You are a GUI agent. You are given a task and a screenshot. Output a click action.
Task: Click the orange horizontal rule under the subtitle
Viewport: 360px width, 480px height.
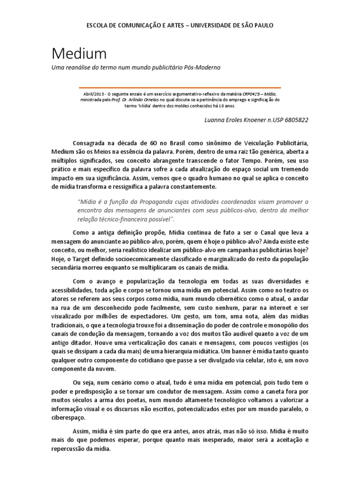[x=180, y=87]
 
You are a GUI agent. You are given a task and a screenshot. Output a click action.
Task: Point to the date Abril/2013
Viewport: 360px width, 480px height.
[x=93, y=93]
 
